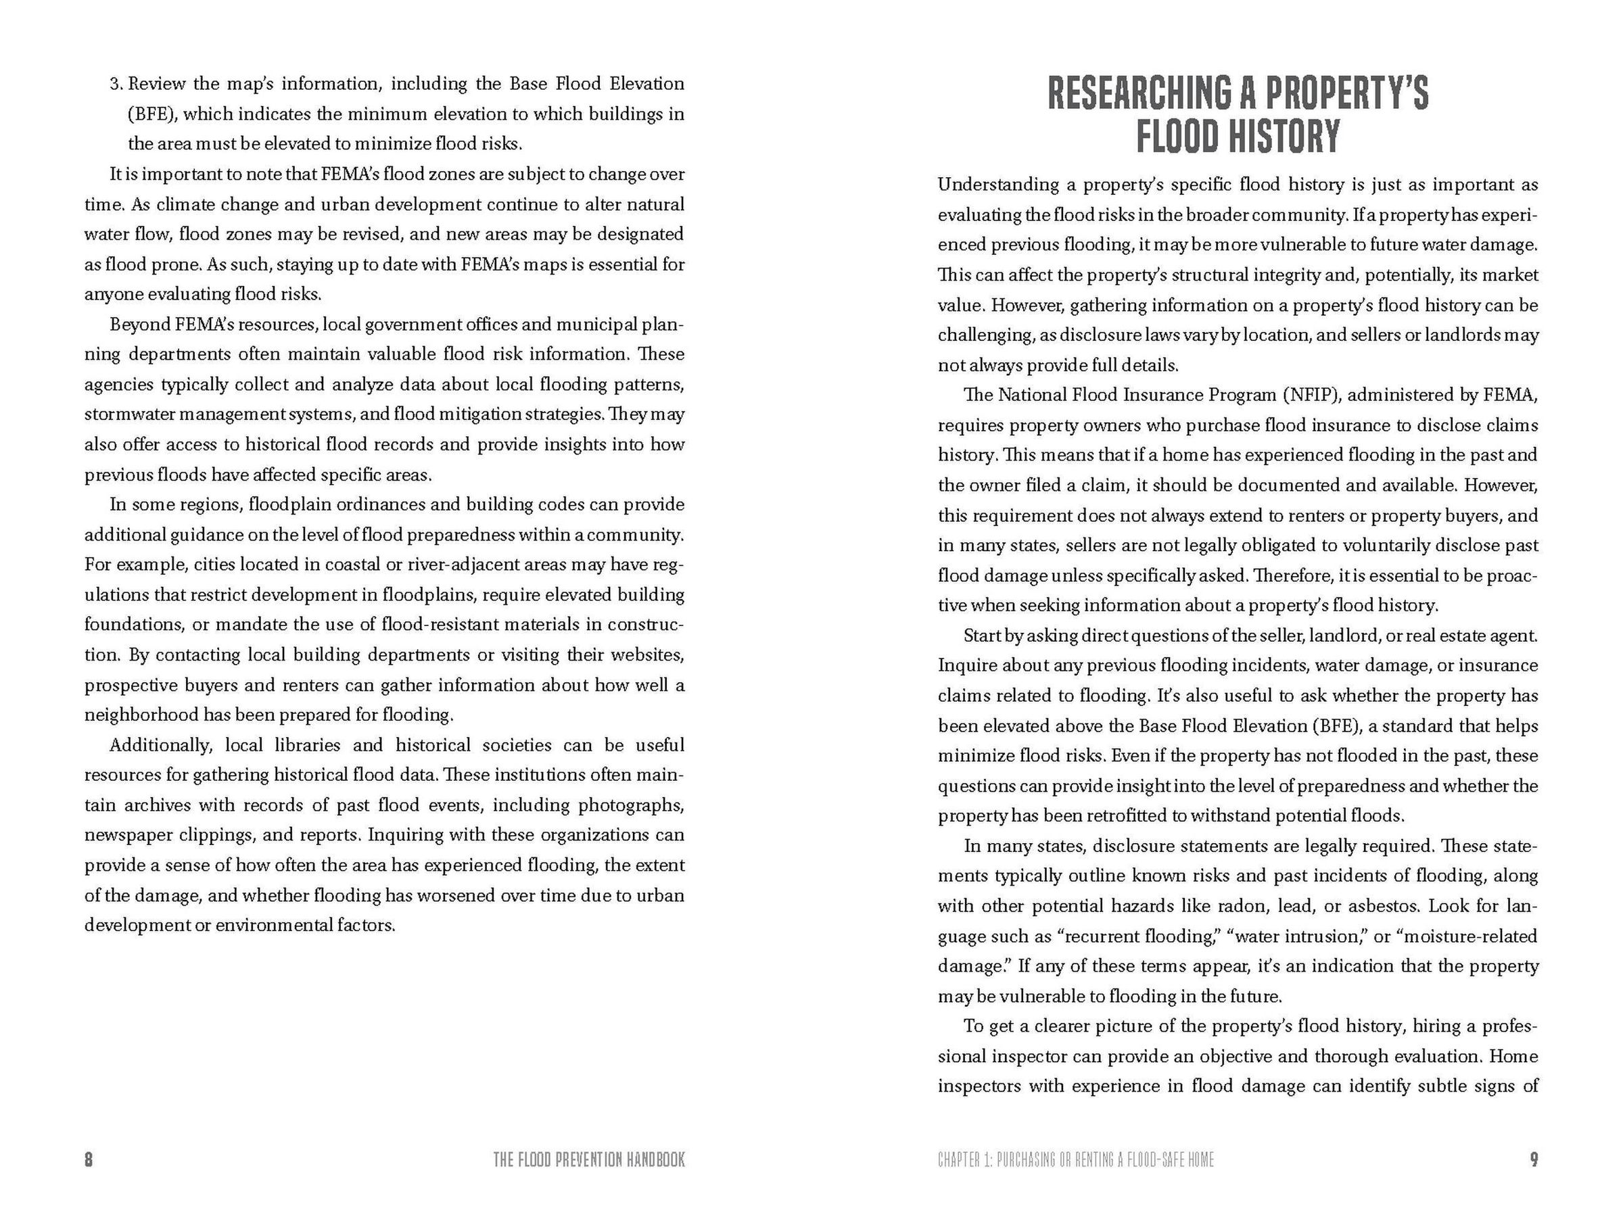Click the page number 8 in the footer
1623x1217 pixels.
click(89, 1160)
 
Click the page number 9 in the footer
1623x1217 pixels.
click(1534, 1160)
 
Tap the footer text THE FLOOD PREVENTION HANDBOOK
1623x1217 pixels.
click(589, 1160)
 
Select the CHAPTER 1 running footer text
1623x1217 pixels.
click(1076, 1160)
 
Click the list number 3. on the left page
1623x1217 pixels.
click(117, 84)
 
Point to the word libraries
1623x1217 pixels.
click(309, 745)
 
